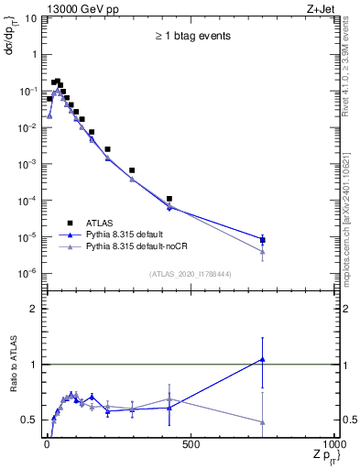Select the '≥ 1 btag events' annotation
[x=191, y=36]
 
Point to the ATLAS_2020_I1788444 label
[x=190, y=274]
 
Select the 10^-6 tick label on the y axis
[x=27, y=273]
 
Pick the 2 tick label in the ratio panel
[x=33, y=309]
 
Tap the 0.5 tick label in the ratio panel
[x=29, y=420]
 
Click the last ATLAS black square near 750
[x=263, y=240]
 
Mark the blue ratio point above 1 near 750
[x=263, y=359]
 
